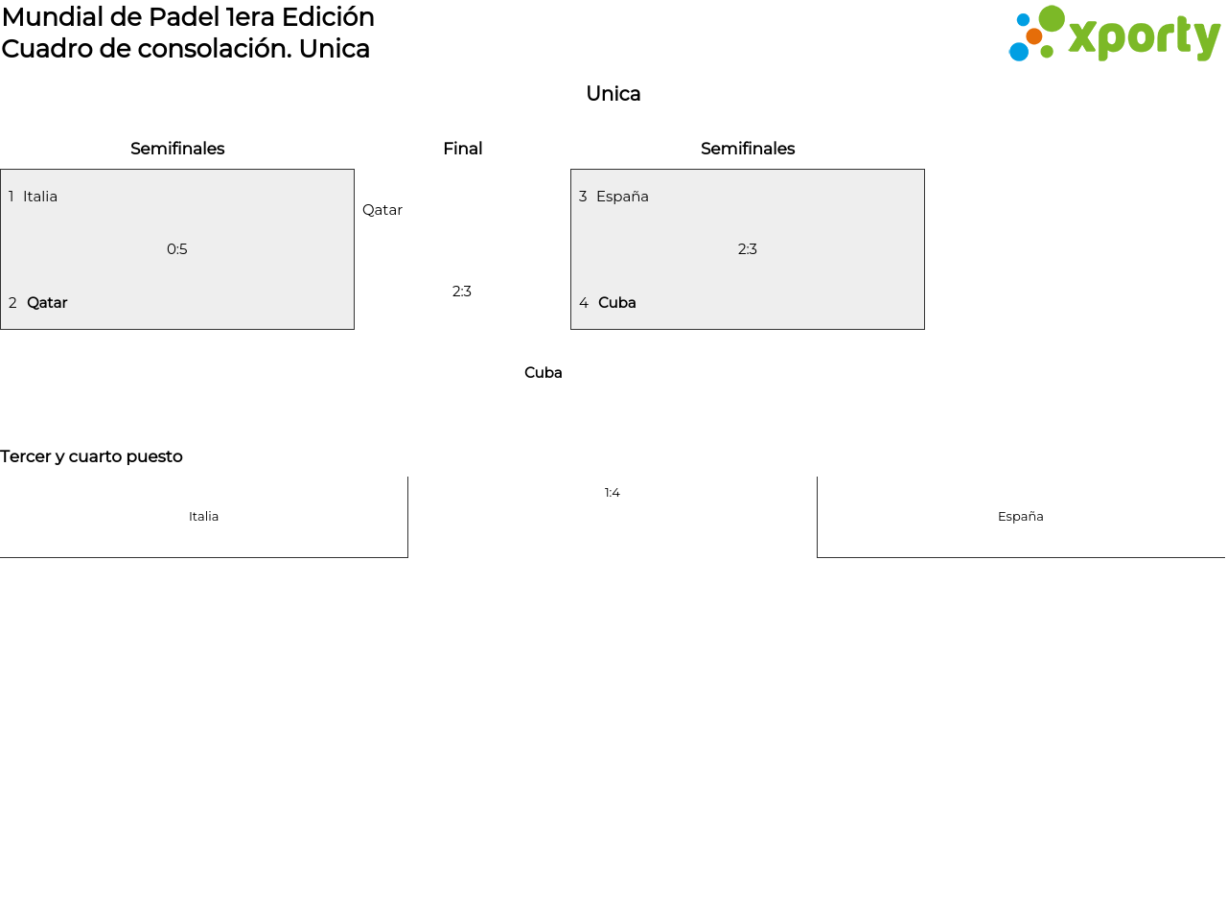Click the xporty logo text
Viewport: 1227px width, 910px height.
pos(1144,37)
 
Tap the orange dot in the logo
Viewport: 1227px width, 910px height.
pos(1034,36)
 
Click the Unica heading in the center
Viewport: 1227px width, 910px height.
pos(613,94)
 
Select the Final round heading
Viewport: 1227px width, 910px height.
pos(462,149)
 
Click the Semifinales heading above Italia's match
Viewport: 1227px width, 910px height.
pos(177,149)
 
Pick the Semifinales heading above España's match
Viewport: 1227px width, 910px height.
pos(748,149)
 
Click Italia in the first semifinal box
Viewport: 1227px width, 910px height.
pos(40,197)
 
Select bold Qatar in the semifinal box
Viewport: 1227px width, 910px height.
pos(47,303)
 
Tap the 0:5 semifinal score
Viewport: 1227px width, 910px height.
pos(177,249)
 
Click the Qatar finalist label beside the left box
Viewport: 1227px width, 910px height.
pos(382,210)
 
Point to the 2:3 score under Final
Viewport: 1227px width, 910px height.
pos(461,292)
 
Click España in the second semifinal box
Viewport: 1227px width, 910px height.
pos(622,197)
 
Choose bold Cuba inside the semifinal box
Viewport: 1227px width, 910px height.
pos(616,303)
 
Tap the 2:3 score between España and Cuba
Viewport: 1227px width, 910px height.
pos(747,249)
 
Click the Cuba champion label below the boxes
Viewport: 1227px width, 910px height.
pos(544,372)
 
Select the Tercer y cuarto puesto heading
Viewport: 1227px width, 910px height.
pos(91,456)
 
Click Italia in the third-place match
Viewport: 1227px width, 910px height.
pos(203,517)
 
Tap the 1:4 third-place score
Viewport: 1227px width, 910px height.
pos(612,493)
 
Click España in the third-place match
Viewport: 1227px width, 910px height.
pos(1021,517)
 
